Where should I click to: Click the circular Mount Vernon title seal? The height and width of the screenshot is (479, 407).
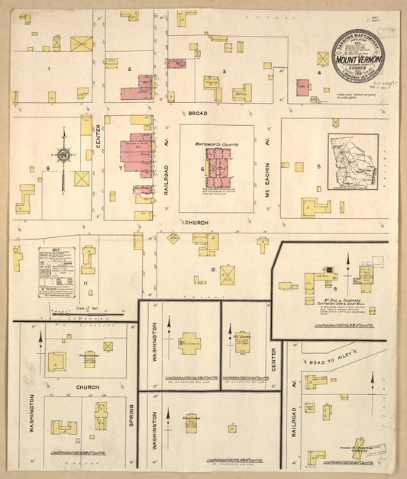click(x=358, y=55)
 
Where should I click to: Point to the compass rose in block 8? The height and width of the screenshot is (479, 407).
click(x=64, y=157)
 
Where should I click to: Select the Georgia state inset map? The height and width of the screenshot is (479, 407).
click(x=353, y=162)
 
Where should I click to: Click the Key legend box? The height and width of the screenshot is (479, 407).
click(x=57, y=271)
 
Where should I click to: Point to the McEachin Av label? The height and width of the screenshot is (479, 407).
click(x=268, y=167)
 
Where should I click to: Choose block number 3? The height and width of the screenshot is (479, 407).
click(x=224, y=72)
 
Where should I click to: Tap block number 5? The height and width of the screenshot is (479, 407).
click(x=299, y=166)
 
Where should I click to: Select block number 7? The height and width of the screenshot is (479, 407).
click(x=121, y=168)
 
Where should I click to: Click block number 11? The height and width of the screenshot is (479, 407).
click(x=86, y=284)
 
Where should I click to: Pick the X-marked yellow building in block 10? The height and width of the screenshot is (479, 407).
click(x=227, y=275)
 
